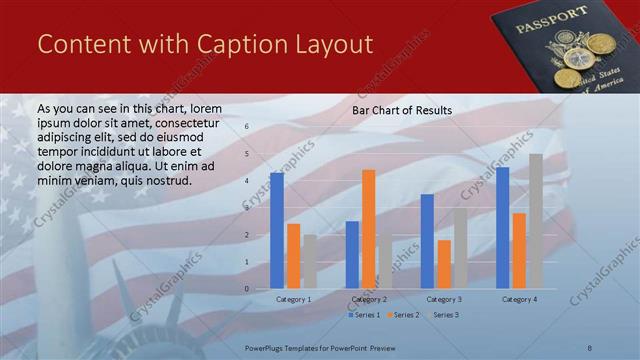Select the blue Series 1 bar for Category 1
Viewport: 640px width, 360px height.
tap(277, 230)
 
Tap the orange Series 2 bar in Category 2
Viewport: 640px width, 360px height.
tap(368, 229)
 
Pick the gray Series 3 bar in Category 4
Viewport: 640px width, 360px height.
tap(536, 221)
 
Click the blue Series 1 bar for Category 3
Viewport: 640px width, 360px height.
tap(427, 241)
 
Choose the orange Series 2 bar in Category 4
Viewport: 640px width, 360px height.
tap(519, 250)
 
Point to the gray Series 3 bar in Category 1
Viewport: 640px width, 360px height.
tap(310, 262)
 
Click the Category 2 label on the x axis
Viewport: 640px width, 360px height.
tap(369, 299)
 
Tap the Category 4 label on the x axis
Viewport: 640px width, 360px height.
tap(519, 299)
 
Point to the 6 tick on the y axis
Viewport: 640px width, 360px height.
tap(247, 127)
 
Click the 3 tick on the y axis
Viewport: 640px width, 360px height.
tap(247, 208)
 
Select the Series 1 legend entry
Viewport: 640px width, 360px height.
tap(363, 315)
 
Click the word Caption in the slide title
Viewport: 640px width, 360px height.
tap(226, 45)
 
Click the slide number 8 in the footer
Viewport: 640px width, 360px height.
tap(590, 346)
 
